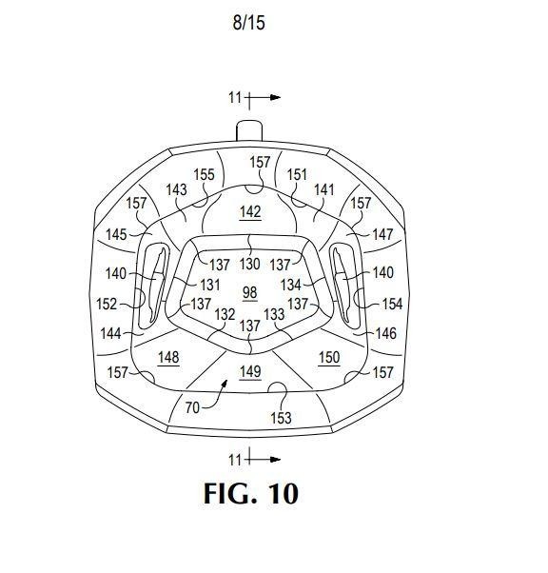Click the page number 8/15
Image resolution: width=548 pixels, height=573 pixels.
pyautogui.click(x=249, y=23)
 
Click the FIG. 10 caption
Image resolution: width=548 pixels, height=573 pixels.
pyautogui.click(x=251, y=493)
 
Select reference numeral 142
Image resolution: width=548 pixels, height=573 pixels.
pyautogui.click(x=250, y=211)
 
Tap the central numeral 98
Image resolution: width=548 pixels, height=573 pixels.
pyautogui.click(x=250, y=293)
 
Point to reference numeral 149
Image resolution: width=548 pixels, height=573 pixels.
pyautogui.click(x=250, y=371)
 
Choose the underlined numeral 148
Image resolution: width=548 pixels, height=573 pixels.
pyautogui.click(x=168, y=357)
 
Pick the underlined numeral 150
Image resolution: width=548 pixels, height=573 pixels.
pyautogui.click(x=329, y=357)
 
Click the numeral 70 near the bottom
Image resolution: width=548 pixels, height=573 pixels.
pyautogui.click(x=192, y=407)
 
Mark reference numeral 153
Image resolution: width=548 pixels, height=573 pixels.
pyautogui.click(x=281, y=418)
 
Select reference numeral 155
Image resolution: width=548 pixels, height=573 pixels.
pyautogui.click(x=204, y=174)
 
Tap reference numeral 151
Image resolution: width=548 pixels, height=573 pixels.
pyautogui.click(x=297, y=174)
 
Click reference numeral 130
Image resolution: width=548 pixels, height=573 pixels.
pyautogui.click(x=250, y=264)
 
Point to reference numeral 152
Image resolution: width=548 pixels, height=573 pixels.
pyautogui.click(x=107, y=304)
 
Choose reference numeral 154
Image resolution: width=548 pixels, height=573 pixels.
pyautogui.click(x=392, y=304)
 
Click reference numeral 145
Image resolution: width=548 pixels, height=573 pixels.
pyautogui.click(x=116, y=234)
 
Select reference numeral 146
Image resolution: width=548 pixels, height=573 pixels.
pyautogui.click(x=386, y=333)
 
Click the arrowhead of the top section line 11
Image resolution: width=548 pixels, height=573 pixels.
pyautogui.click(x=276, y=97)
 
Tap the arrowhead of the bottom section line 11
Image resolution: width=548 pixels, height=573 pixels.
pyautogui.click(x=276, y=460)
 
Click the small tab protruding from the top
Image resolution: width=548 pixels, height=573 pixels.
pyautogui.click(x=249, y=130)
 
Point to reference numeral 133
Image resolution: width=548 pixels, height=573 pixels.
pyautogui.click(x=274, y=314)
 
